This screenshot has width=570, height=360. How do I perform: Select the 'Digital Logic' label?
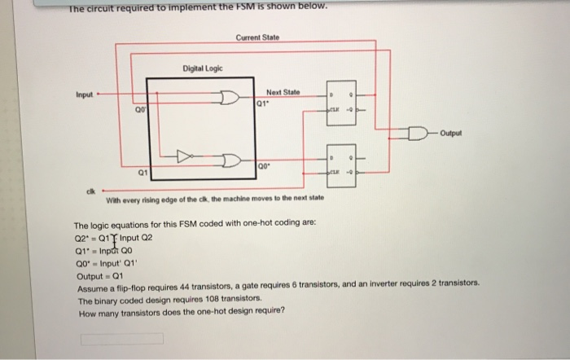[199, 69]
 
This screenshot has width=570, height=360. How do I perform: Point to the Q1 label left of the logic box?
[139, 172]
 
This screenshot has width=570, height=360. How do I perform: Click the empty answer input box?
[121, 337]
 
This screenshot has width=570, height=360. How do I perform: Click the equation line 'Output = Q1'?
[98, 277]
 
